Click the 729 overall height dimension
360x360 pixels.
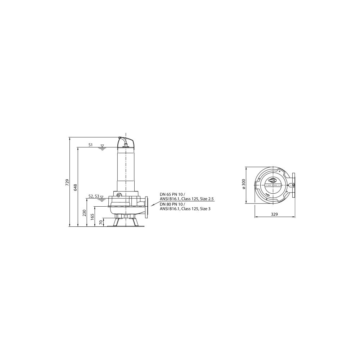pos(67,182)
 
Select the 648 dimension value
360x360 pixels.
pos(76,187)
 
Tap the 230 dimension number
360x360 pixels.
pos(84,213)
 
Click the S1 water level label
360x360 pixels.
pos(90,145)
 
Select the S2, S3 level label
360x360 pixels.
pos(94,196)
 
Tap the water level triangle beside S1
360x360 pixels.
pos(102,146)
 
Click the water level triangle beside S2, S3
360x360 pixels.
pos(102,197)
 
